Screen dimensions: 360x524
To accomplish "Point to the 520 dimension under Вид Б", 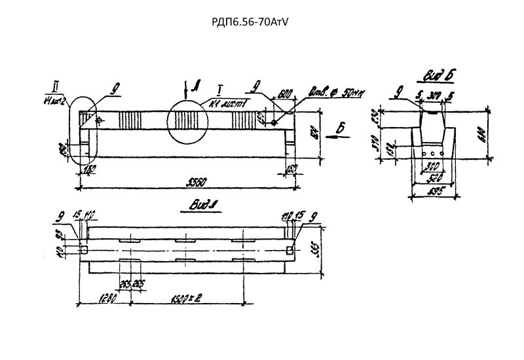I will point(433,177).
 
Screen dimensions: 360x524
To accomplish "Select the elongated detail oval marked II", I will point(83,131).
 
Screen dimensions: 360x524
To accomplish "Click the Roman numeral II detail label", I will point(50,86).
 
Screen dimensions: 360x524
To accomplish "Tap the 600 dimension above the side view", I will point(283,95).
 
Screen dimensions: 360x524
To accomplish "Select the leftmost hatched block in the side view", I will point(130,120).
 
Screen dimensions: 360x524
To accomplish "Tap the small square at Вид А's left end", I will point(83,249).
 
